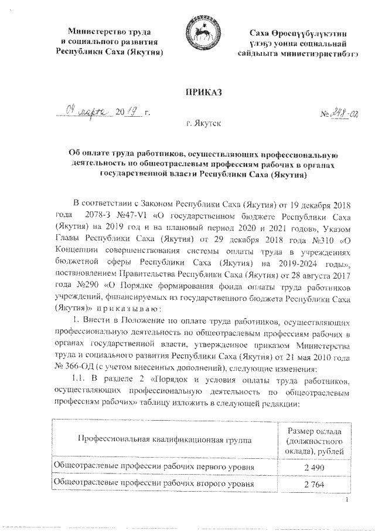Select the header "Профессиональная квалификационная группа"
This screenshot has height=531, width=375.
(162, 439)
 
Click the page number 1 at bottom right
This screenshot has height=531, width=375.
(347, 500)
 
